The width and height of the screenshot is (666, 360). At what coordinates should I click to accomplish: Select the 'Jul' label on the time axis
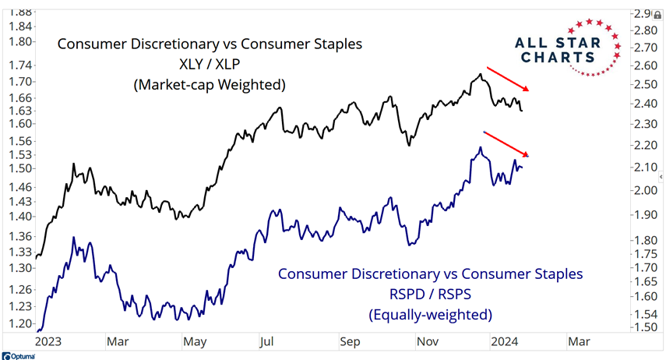click(x=266, y=341)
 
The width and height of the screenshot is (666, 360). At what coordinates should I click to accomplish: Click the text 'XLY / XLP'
click(x=210, y=64)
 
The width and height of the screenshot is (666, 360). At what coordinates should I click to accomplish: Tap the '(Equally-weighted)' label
click(x=430, y=315)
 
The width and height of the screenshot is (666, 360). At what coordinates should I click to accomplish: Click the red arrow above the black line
click(x=507, y=79)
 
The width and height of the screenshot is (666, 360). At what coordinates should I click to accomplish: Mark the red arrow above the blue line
click(x=507, y=143)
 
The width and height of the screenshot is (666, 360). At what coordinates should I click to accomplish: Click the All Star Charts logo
click(x=568, y=48)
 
